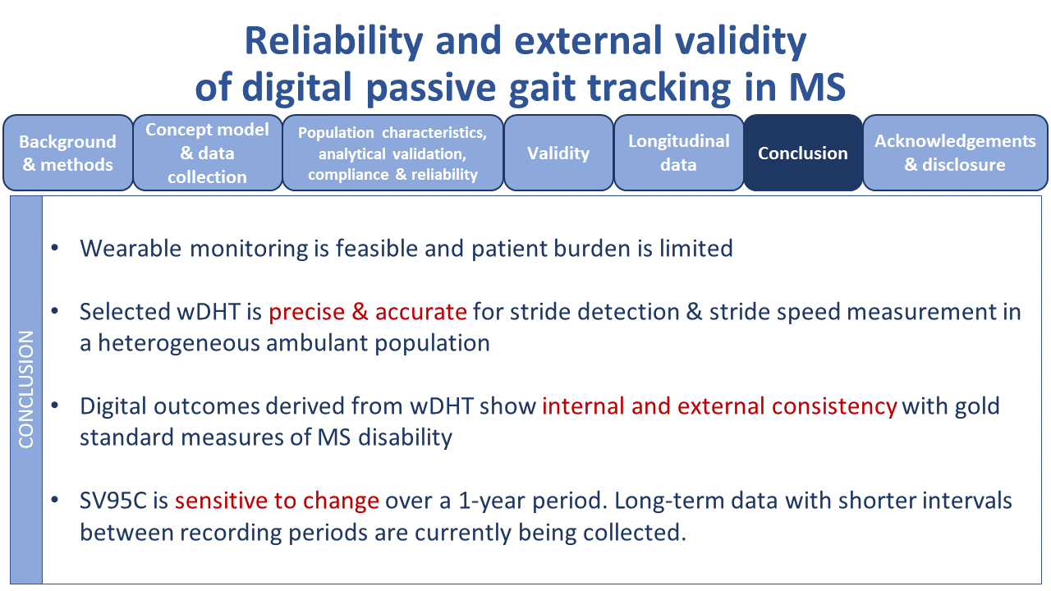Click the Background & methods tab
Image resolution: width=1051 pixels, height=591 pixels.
point(67,153)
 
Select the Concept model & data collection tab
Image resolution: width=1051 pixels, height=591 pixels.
point(207,153)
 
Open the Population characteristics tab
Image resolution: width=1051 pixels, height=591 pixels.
point(392,153)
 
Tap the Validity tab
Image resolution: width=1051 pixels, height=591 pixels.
point(558,153)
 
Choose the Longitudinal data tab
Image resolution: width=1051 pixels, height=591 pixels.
point(678,153)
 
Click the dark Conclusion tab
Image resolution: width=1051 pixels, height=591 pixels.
point(802,153)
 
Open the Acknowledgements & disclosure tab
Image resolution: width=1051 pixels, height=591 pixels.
point(955,153)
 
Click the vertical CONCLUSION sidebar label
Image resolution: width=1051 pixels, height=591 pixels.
point(26,389)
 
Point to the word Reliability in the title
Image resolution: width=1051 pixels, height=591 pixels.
point(333,41)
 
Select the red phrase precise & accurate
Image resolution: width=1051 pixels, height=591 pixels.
point(368,312)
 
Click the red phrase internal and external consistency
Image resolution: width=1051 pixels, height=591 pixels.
point(719,405)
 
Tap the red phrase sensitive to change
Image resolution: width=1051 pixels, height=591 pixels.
point(277,500)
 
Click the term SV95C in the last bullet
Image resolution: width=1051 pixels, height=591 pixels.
point(112,500)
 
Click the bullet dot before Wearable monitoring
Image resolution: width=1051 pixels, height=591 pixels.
point(55,248)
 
